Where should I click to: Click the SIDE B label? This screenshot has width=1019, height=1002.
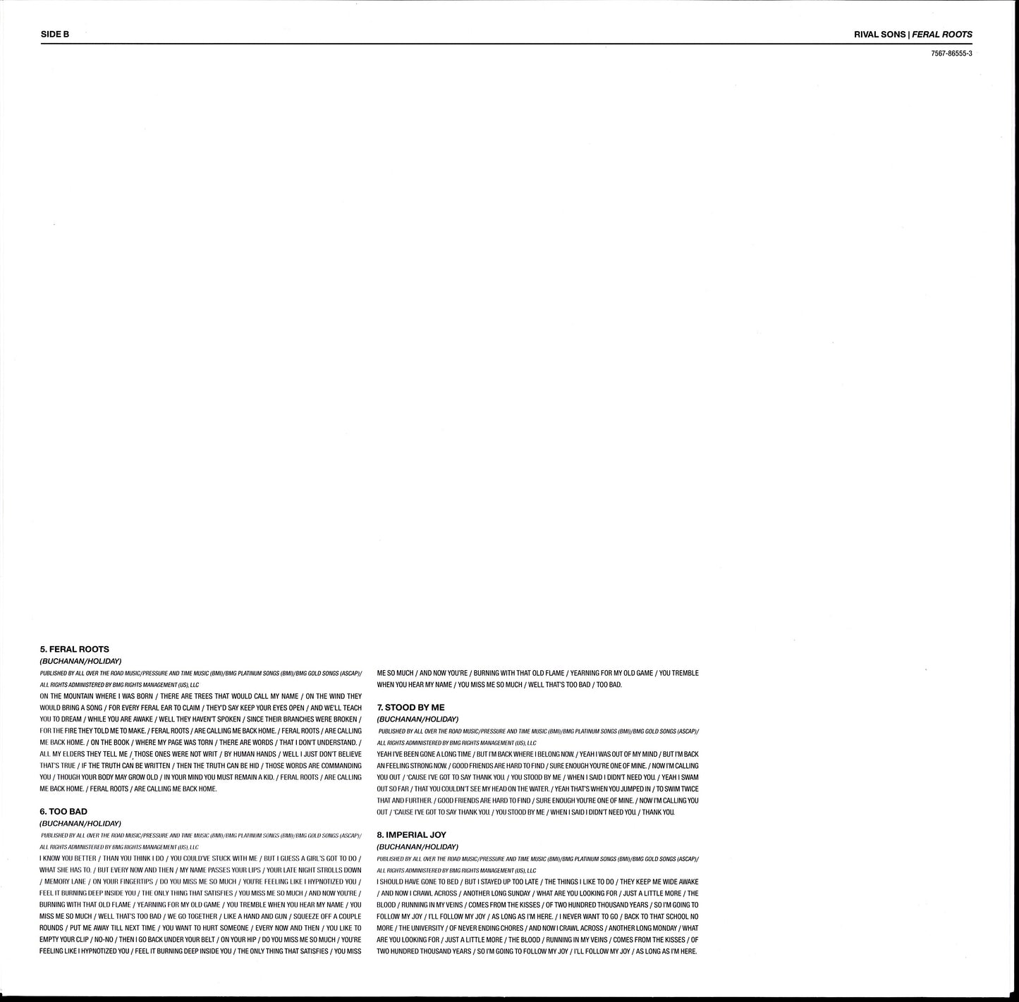[x=55, y=34]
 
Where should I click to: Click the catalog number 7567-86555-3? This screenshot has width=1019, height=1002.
[x=951, y=54]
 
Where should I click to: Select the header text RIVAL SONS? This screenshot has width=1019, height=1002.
[x=879, y=34]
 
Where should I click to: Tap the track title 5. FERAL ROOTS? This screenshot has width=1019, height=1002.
[x=75, y=649]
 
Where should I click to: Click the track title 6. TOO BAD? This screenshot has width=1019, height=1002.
[x=63, y=812]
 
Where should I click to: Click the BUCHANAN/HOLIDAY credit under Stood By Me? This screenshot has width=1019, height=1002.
[x=417, y=719]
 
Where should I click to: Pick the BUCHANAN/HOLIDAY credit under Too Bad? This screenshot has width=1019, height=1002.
[x=80, y=824]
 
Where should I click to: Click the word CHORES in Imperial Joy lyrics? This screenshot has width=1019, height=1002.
[x=512, y=928]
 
